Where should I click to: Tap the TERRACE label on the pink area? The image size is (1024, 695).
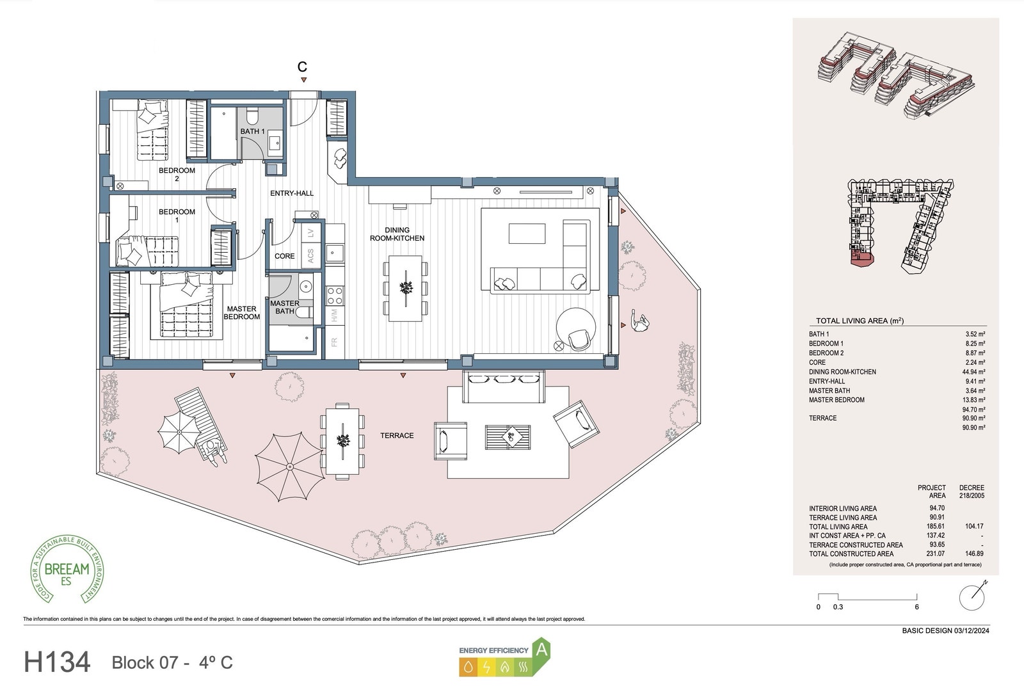(x=397, y=436)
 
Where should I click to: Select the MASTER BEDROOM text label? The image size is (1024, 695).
(x=241, y=313)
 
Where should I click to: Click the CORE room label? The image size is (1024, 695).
(x=284, y=256)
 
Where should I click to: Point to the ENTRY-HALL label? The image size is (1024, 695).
(x=292, y=193)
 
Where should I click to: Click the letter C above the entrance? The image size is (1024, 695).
(x=303, y=67)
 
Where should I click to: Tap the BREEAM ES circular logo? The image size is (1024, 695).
(x=67, y=569)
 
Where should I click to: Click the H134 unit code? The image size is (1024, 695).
(x=57, y=662)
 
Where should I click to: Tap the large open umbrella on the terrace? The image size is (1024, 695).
(x=289, y=467)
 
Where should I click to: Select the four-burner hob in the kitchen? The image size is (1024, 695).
(x=335, y=295)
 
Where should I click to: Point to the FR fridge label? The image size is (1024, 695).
(x=334, y=342)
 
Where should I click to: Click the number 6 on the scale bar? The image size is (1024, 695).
(x=916, y=607)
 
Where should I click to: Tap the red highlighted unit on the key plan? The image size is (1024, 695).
(x=860, y=259)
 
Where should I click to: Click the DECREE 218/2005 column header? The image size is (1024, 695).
(x=972, y=491)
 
